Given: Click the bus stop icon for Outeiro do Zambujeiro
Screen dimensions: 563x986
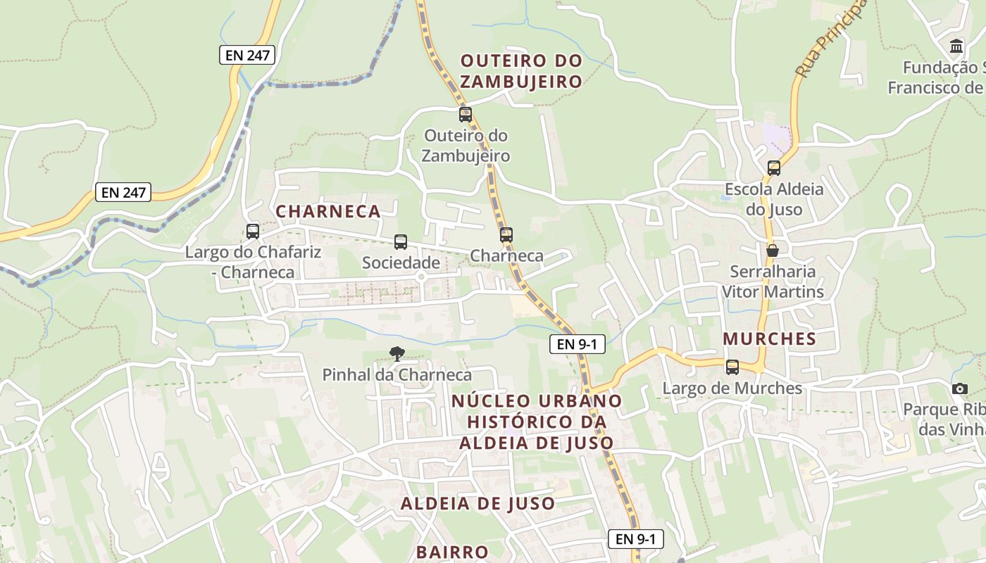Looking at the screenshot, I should (x=465, y=114).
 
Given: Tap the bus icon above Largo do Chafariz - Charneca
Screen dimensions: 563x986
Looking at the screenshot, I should (x=252, y=231).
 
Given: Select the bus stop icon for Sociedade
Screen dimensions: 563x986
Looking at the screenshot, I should (x=400, y=242).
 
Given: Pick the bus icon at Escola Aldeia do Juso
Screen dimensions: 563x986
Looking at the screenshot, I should (x=773, y=167).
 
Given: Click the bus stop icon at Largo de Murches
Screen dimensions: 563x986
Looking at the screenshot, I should (x=732, y=367).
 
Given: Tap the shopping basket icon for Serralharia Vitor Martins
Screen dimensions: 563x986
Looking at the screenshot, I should (x=773, y=251).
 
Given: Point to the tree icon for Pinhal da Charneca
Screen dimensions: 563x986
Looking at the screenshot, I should (x=397, y=353).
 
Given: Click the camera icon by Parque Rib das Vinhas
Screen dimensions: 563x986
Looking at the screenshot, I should (x=959, y=388).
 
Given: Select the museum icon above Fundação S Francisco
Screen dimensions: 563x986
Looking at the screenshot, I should (x=956, y=46).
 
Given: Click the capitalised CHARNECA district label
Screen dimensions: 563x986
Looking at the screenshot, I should (x=328, y=211).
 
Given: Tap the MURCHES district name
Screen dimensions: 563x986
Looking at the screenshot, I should (x=769, y=339).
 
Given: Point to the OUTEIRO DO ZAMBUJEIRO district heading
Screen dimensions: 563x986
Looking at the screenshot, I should (x=521, y=70).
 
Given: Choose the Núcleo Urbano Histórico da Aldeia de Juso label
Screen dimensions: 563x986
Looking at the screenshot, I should (x=537, y=422).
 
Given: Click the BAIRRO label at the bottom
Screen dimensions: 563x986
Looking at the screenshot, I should (x=452, y=552).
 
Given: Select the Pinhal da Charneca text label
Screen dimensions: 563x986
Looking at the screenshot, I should (x=397, y=374).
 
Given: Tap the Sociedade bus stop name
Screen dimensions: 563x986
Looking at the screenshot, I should (x=401, y=262).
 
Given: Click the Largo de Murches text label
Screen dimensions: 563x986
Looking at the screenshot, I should (x=732, y=388).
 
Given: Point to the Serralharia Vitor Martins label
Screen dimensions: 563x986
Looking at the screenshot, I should (x=773, y=281).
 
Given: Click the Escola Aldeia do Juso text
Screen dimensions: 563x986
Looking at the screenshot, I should (x=774, y=199).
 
